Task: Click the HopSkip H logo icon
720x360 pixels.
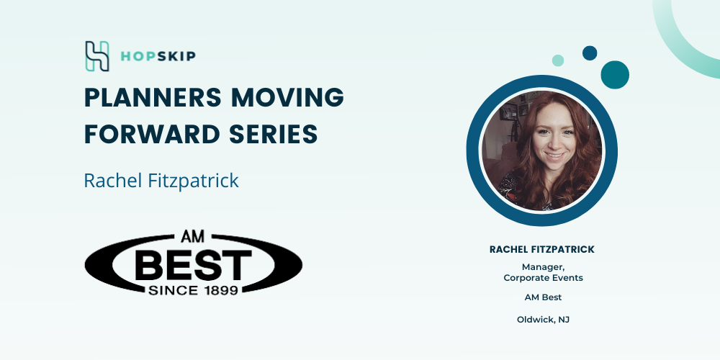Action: [97, 56]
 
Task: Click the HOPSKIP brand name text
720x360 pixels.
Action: [158, 56]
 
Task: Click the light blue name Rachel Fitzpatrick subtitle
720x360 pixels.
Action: [161, 180]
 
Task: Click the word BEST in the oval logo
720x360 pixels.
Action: [193, 265]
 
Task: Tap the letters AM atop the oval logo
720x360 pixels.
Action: [193, 237]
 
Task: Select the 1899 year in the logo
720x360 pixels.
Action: [218, 289]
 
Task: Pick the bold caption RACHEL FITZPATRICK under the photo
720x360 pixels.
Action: [542, 249]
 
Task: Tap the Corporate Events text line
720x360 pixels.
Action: [543, 278]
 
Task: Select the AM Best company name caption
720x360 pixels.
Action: [543, 297]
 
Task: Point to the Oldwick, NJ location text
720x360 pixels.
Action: [543, 320]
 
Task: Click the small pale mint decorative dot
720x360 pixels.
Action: [558, 60]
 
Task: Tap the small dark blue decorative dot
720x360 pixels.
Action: [590, 53]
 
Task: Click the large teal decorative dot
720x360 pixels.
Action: [615, 75]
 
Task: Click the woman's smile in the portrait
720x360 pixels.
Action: [554, 156]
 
